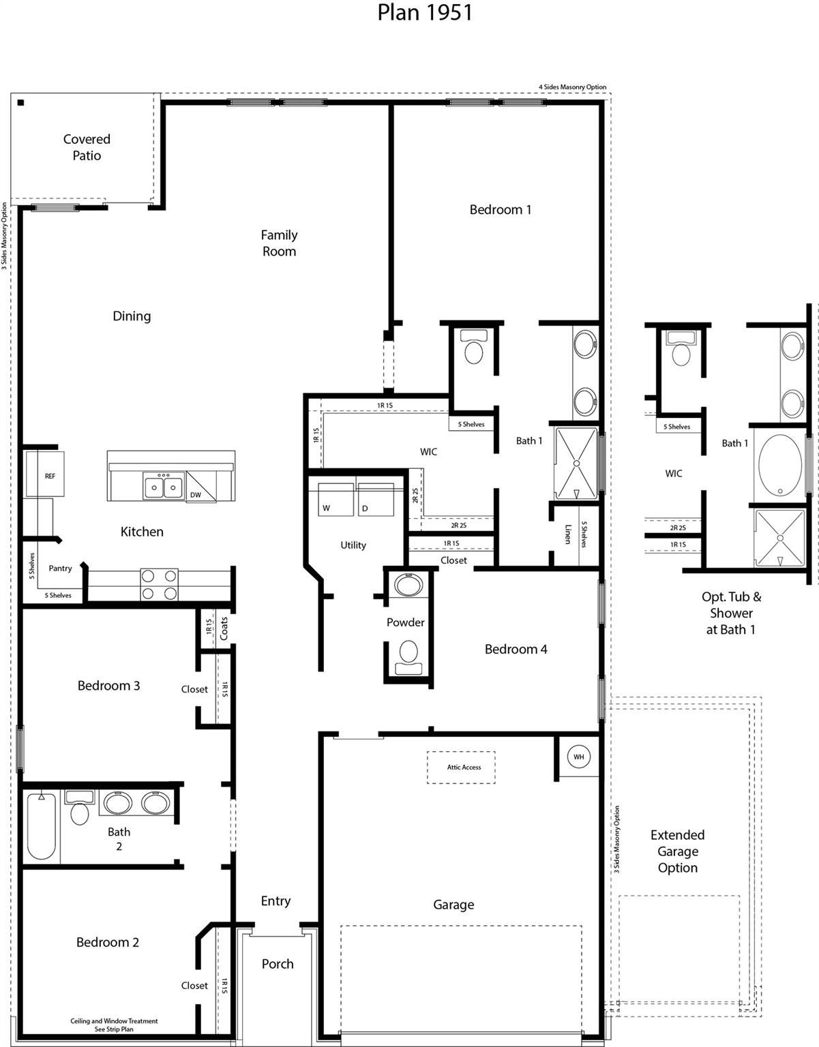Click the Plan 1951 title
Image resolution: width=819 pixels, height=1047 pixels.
tap(425, 12)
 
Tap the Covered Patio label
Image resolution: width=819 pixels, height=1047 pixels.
tap(87, 147)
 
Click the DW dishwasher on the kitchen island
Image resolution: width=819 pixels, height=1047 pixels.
tap(196, 494)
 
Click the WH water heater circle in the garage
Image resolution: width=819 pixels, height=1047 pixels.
tap(578, 757)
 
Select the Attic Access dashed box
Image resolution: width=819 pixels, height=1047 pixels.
tap(462, 768)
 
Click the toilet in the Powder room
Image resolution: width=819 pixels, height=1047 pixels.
tap(408, 654)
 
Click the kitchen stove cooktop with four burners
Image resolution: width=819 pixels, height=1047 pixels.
tap(159, 585)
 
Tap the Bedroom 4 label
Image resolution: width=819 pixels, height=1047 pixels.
tap(516, 649)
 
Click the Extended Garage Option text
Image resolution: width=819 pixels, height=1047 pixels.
tap(677, 851)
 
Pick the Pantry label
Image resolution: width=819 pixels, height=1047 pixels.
tap(60, 568)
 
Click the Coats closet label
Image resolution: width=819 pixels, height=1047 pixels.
tap(224, 628)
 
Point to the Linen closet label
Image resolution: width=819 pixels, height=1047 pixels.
tap(567, 534)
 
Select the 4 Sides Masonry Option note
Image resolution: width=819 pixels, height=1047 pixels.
tap(572, 87)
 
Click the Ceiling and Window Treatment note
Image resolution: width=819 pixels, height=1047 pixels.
tap(114, 1025)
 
